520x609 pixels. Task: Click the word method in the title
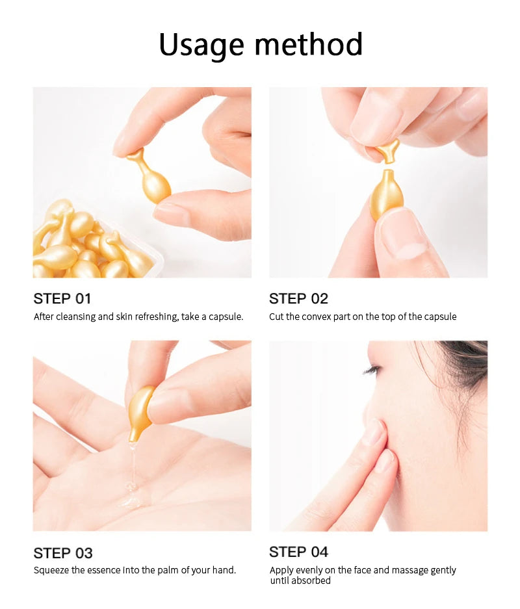pos(308,45)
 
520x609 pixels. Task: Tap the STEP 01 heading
pos(62,299)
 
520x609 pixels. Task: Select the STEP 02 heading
pos(298,299)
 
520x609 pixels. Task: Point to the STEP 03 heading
pos(63,553)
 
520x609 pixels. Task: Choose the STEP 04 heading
pos(298,552)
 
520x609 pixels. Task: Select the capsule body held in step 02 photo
pos(386,195)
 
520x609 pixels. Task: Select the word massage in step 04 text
pos(404,570)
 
